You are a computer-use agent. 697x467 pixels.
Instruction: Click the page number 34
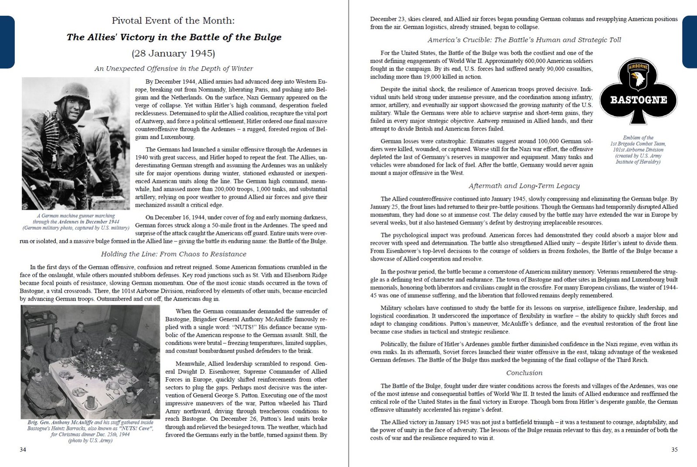(x=23, y=450)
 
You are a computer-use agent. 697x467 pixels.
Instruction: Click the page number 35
(x=674, y=450)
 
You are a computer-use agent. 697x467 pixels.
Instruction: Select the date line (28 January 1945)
(x=174, y=54)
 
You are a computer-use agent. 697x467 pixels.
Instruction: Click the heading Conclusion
(x=524, y=373)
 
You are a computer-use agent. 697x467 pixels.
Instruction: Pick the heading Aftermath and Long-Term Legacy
(x=524, y=186)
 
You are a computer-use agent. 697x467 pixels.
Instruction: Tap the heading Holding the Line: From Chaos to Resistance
(x=174, y=254)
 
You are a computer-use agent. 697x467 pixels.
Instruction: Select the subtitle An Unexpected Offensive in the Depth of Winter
(x=174, y=69)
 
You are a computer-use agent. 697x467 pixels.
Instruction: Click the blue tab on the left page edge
(x=7, y=42)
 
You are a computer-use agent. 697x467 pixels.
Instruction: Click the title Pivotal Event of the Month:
(x=174, y=20)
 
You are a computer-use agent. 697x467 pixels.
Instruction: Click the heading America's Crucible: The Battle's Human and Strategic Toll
(x=524, y=40)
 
